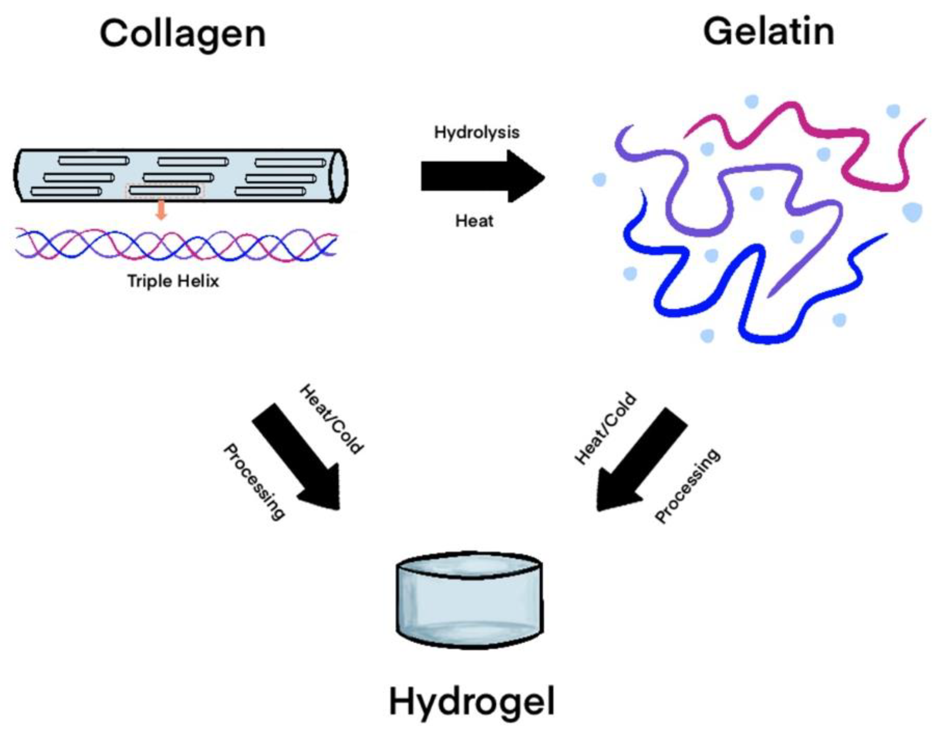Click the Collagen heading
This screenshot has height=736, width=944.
182,35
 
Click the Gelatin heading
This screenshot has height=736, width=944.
768,32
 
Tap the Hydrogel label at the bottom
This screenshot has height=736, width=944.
472,702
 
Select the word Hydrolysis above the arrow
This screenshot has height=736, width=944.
476,132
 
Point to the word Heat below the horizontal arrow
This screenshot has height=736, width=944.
474,221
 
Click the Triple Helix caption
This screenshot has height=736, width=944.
173,281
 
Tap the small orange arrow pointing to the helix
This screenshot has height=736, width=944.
161,209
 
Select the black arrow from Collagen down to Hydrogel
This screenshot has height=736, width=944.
298,458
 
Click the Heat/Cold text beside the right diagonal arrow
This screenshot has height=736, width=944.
605,428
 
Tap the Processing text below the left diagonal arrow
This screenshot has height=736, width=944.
254,482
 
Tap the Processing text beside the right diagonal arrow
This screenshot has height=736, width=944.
687,486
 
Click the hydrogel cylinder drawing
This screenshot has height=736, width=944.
469,601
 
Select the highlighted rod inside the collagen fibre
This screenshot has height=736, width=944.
165,190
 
